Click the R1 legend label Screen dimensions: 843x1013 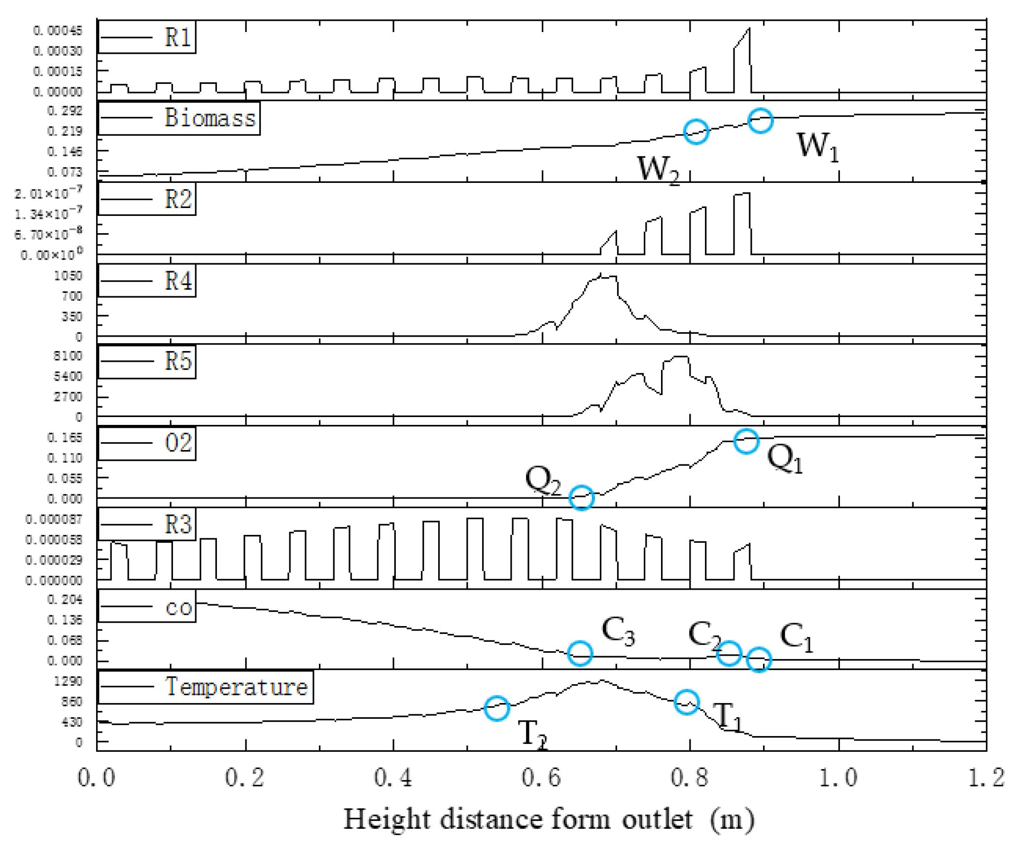pos(177,37)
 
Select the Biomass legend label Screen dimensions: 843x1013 pos(210,118)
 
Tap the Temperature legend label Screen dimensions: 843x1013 pos(237,687)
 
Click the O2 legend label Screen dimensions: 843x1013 pos(178,443)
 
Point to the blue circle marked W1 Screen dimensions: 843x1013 pos(760,121)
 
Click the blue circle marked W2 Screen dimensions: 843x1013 pos(696,132)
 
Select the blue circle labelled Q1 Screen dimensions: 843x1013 pos(746,441)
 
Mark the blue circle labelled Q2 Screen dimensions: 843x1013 pos(581,497)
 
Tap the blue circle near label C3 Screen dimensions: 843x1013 pos(580,654)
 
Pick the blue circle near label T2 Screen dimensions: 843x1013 pos(496,708)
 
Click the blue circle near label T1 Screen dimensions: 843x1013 pos(687,702)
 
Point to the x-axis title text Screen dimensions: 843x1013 pos(549,820)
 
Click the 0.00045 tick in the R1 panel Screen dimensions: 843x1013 pos(58,31)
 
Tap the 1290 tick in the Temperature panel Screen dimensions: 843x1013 pos(69,681)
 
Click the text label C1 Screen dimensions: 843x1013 pos(796,637)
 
